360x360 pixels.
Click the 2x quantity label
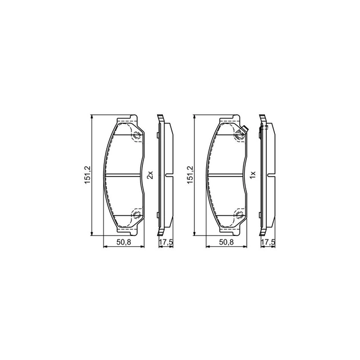(x=150, y=175)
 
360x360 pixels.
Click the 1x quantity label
(x=253, y=175)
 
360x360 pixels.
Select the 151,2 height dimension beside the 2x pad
(x=88, y=175)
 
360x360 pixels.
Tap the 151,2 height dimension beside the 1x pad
(x=190, y=175)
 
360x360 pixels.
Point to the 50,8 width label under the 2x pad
(x=123, y=242)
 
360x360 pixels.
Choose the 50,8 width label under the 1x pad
(x=226, y=242)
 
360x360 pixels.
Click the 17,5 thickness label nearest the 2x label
(x=166, y=242)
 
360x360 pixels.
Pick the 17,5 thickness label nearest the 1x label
(x=269, y=242)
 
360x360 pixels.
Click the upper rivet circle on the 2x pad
(x=137, y=135)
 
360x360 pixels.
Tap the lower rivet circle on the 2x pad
(x=137, y=215)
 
